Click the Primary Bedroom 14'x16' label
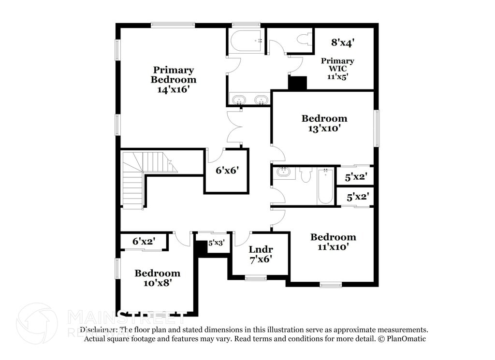tap(174, 80)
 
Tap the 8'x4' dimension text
tap(343, 43)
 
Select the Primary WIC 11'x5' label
tap(337, 68)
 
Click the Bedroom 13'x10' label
tap(324, 123)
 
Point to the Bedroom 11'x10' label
tap(333, 242)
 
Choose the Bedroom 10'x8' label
tap(157, 278)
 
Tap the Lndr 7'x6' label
tap(261, 254)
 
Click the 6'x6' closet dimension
tap(227, 171)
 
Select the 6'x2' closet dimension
tap(144, 241)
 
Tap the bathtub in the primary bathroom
tap(246, 41)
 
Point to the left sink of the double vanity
tap(239, 100)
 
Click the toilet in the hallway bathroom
tap(305, 174)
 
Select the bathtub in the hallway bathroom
tap(325, 186)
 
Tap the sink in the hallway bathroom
tap(283, 172)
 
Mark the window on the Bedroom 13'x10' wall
tap(377, 128)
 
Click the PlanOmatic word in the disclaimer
tap(406, 339)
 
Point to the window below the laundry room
tap(256, 278)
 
